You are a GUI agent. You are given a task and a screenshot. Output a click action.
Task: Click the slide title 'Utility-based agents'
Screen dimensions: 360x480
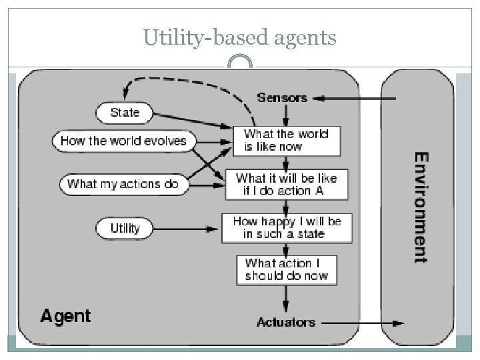click(x=240, y=39)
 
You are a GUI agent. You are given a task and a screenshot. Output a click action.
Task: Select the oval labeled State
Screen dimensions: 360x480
click(x=125, y=113)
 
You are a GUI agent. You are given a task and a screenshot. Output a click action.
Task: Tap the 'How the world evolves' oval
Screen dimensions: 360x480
click(x=123, y=141)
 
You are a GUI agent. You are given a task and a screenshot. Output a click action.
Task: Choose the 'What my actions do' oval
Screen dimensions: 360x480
click(x=123, y=184)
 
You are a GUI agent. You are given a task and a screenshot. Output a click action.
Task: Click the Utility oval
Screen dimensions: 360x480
click(x=125, y=229)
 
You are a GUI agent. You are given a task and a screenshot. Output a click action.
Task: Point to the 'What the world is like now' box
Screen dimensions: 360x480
click(x=286, y=141)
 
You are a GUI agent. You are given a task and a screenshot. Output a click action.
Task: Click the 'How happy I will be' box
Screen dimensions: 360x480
click(x=286, y=227)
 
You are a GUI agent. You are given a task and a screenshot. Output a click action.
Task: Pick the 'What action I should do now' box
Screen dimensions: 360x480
click(x=286, y=269)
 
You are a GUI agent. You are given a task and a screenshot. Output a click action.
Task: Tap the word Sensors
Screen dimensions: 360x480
click(x=282, y=98)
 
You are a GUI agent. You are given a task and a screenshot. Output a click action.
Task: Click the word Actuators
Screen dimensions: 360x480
click(x=285, y=323)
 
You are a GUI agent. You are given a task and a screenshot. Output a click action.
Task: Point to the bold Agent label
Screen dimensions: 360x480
click(x=65, y=315)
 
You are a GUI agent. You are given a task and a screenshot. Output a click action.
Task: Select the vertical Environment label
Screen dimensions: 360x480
click(x=421, y=207)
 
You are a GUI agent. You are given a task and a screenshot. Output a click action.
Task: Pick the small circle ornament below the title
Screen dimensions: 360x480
click(x=240, y=65)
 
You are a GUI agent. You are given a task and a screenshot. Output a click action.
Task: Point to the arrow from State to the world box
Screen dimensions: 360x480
click(x=193, y=120)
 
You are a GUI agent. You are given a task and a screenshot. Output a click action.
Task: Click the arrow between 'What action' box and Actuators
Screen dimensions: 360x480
click(x=287, y=299)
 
